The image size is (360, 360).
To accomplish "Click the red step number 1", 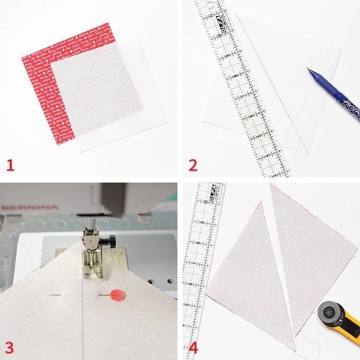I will (x=10, y=165).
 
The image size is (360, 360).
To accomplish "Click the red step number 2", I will (x=193, y=165).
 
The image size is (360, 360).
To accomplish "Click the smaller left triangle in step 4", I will (x=247, y=273).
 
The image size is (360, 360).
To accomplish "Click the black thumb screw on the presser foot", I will (x=108, y=241).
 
